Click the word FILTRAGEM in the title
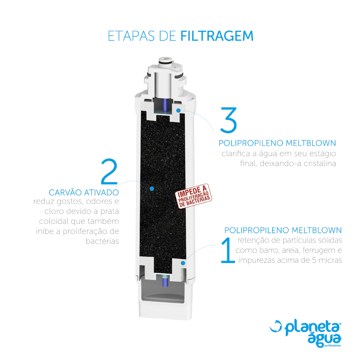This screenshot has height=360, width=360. coord(217,36)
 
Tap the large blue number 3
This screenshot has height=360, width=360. coord(229,120)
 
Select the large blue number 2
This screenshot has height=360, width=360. coord(109,171)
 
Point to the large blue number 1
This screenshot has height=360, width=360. coord(228,250)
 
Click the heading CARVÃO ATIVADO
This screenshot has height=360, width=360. coord(84,192)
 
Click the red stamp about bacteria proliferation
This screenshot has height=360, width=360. coord(194,196)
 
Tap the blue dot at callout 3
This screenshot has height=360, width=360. coord(179,111)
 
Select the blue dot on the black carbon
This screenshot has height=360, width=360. coord(152,189)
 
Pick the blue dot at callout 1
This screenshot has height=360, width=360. coord(183,263)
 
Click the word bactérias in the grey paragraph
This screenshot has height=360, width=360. coord(102,241)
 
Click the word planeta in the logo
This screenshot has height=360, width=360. coord(312,328)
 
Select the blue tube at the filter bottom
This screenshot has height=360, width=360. coord(165,282)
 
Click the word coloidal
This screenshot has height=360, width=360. coord(54,221)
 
